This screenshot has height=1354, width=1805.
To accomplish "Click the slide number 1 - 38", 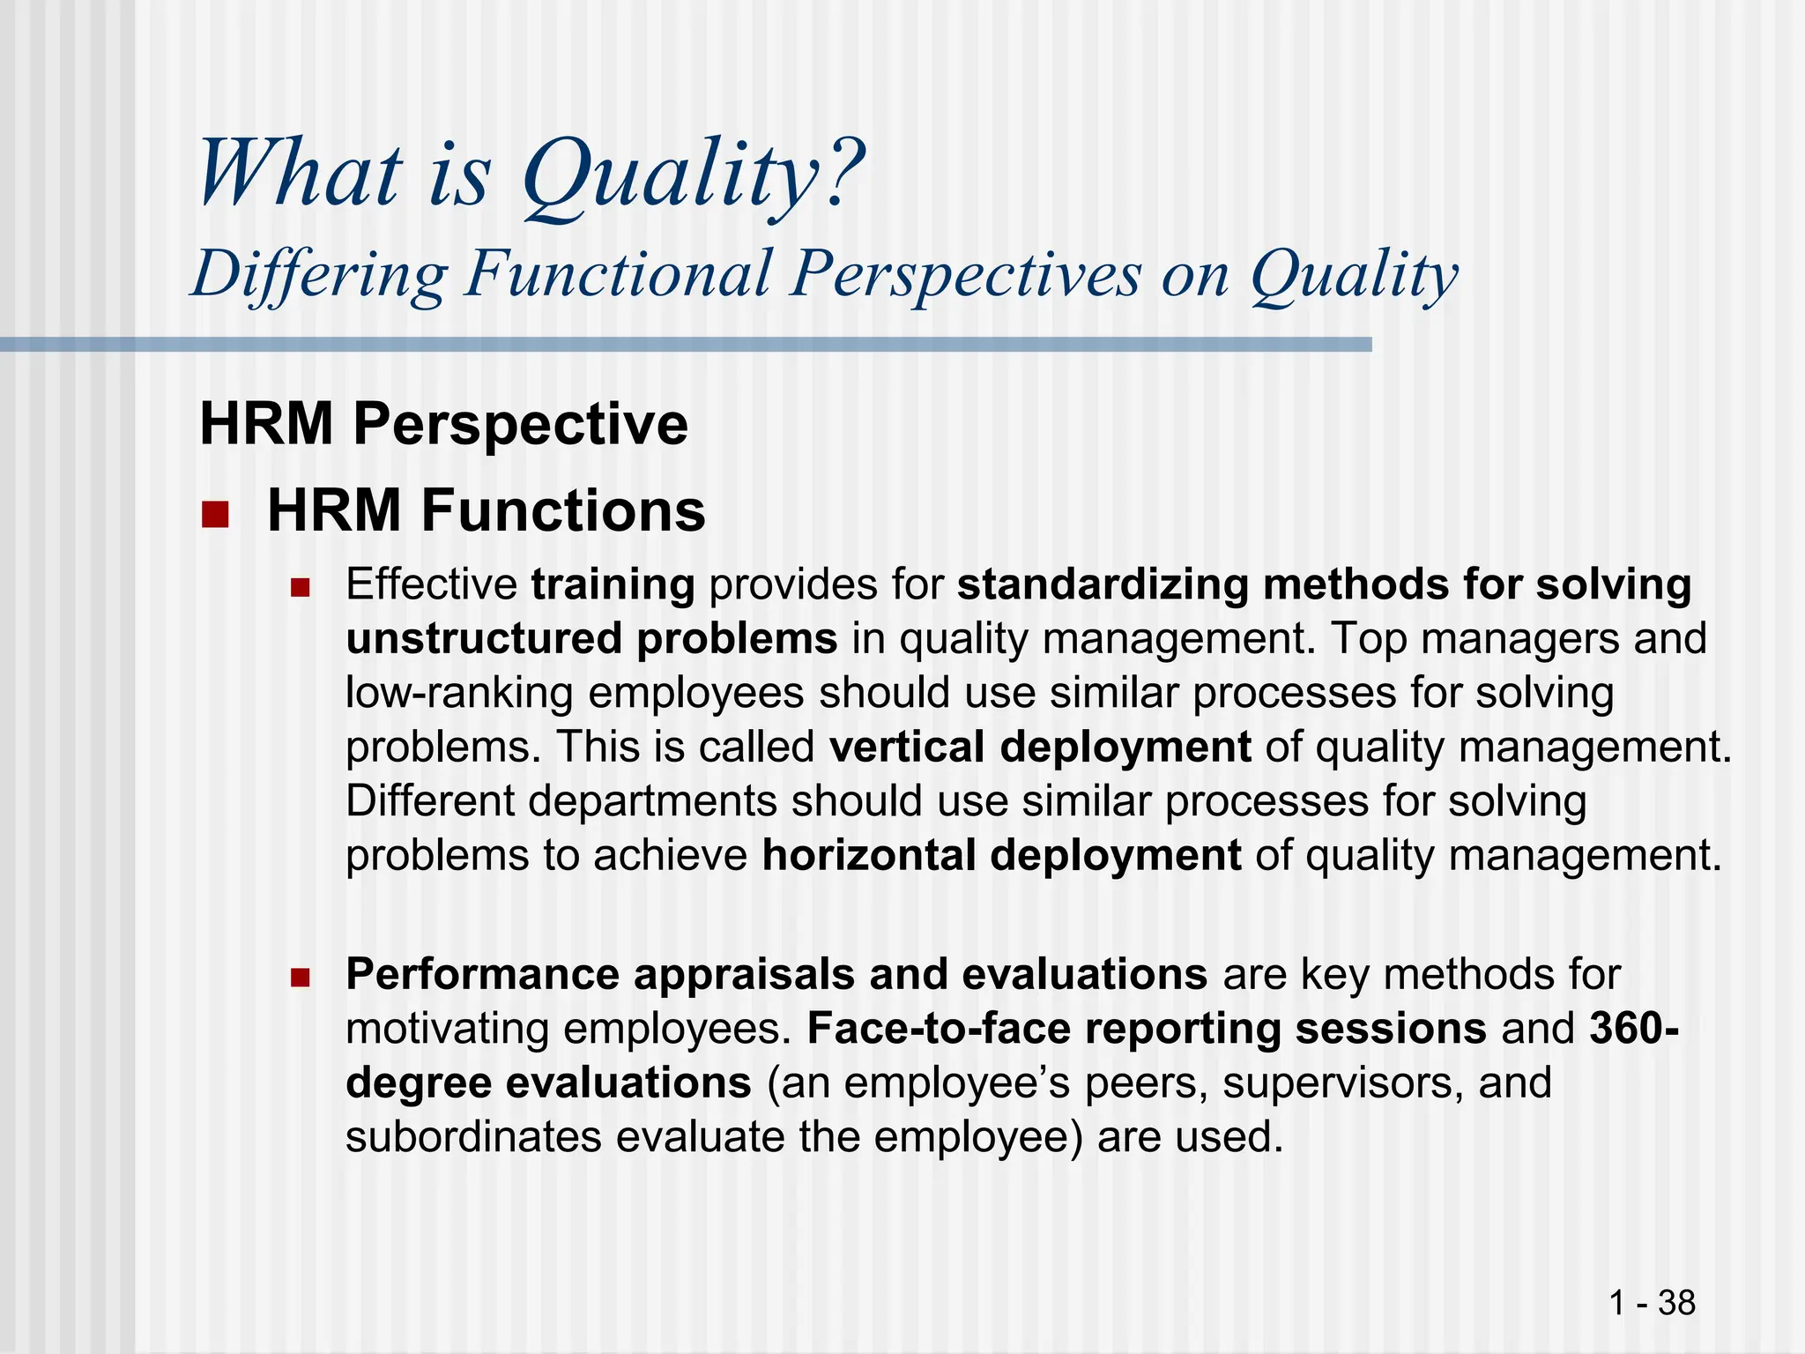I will [x=1652, y=1302].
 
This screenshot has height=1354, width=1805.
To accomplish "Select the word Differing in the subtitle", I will [x=320, y=274].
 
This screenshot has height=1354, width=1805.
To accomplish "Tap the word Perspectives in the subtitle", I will [x=965, y=274].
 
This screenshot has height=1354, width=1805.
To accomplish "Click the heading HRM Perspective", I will [x=443, y=424].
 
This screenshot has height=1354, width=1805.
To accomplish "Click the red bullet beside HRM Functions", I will [x=214, y=514].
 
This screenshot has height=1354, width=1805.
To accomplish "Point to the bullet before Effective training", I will [x=301, y=587].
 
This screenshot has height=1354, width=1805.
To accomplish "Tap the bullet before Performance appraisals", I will [x=301, y=977].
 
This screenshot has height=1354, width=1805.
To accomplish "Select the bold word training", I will [x=613, y=584].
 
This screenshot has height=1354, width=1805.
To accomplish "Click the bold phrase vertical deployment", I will [x=1040, y=747].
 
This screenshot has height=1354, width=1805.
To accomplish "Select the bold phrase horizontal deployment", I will [x=1001, y=855].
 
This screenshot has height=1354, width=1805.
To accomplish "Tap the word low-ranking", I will [x=458, y=693].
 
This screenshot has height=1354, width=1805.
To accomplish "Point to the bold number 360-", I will [x=1633, y=1029].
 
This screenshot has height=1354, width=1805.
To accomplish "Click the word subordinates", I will [x=472, y=1137].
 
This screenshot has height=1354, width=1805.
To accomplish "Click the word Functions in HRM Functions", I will [x=562, y=510].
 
